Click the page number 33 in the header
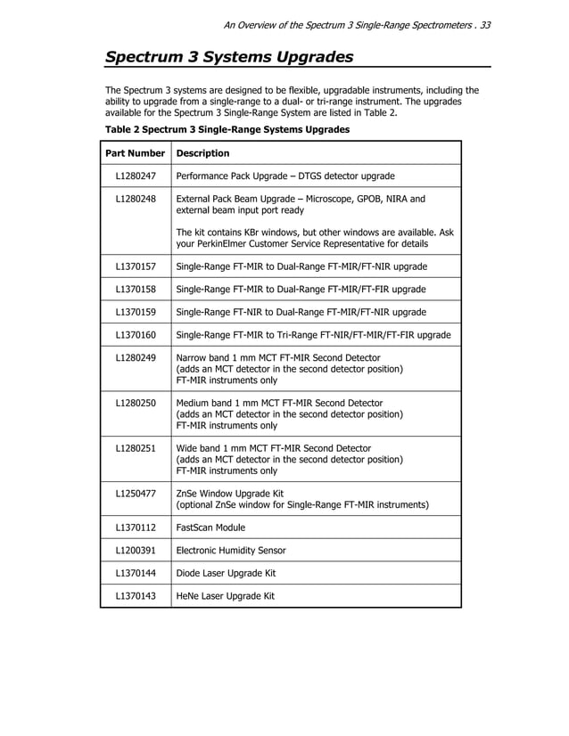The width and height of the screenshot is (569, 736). (x=485, y=25)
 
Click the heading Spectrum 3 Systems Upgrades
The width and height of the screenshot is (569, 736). (x=229, y=58)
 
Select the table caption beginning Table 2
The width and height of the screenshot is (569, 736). (x=227, y=130)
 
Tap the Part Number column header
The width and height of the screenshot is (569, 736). (x=136, y=153)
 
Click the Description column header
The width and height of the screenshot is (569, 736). (x=203, y=153)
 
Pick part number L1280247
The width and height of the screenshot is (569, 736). (x=136, y=176)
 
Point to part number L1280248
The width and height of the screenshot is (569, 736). (x=136, y=200)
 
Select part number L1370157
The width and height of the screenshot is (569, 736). (x=136, y=266)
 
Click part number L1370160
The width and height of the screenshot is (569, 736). (x=136, y=336)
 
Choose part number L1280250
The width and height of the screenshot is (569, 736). (x=136, y=404)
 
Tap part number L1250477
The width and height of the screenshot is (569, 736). (x=136, y=494)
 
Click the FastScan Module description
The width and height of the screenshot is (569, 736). (x=210, y=527)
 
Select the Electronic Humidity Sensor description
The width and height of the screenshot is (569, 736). (x=231, y=551)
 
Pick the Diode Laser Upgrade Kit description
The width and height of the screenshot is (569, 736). (x=227, y=574)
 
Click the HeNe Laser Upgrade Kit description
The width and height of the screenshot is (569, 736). (x=226, y=597)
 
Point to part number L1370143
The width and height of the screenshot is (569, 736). (x=136, y=597)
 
